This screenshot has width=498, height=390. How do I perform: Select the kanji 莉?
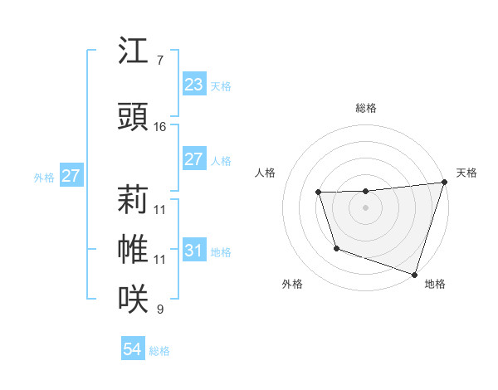133,200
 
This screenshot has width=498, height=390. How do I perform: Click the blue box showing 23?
193,85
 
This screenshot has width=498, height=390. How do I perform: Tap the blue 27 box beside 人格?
193,159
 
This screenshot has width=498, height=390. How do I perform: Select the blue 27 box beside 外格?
71,176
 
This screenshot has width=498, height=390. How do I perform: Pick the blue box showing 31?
193,251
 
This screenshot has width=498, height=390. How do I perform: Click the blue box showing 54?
132,349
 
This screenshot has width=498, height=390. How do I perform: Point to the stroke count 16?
160,127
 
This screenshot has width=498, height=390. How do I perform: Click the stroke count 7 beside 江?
159,61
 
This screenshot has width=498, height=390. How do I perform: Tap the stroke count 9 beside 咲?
159,310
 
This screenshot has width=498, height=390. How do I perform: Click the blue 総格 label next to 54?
159,351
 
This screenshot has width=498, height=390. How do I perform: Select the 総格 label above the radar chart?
365,108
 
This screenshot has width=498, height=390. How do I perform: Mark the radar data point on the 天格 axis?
444,183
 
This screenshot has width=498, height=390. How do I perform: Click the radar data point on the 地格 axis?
413,274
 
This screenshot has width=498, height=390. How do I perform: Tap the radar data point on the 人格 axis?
318,193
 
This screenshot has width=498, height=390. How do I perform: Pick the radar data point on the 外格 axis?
336,248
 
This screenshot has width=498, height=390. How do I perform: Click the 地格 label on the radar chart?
435,285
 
